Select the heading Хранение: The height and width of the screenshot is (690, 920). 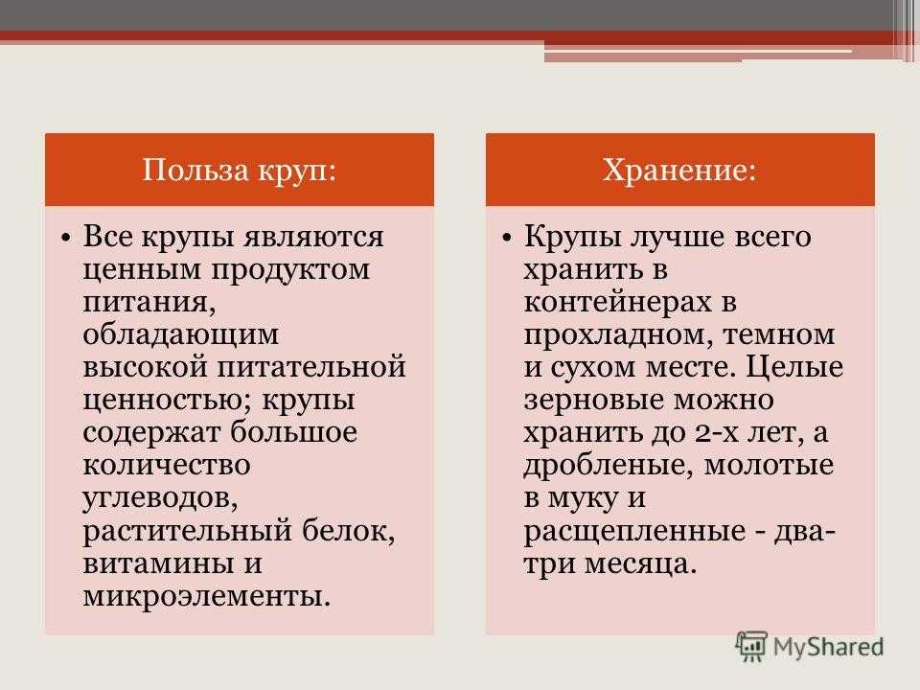679,171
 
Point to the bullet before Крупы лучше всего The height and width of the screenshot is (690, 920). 507,239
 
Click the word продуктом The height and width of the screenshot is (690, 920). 290,270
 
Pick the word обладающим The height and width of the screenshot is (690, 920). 181,335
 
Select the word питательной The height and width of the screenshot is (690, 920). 311,367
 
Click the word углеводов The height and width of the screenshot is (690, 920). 160,499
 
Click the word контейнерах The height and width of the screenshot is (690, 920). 617,303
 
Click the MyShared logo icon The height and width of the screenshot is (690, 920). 751,647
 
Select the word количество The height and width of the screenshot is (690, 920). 167,466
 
